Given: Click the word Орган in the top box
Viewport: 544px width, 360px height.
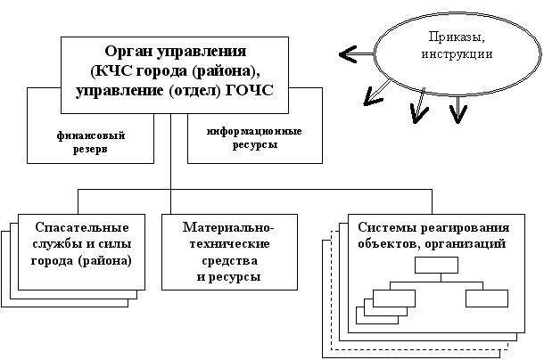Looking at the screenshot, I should pyautogui.click(x=128, y=50).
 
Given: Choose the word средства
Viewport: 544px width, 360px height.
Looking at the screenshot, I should pyautogui.click(x=228, y=262).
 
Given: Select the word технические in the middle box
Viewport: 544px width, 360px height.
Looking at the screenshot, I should pyautogui.click(x=228, y=245).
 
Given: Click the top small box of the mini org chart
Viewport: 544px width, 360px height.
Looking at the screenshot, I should pyautogui.click(x=435, y=265).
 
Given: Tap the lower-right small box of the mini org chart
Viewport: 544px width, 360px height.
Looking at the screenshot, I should pyautogui.click(x=486, y=297).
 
